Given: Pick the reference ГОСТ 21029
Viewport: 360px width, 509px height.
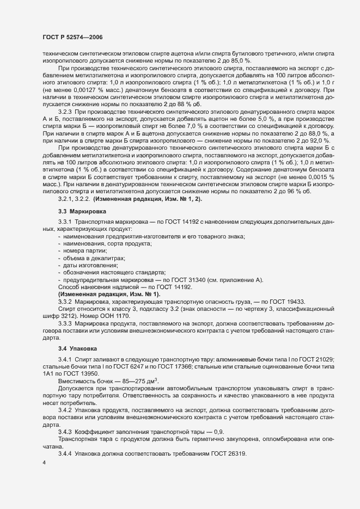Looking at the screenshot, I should (x=330, y=360).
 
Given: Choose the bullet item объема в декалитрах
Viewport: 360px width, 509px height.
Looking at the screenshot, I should (x=87, y=257).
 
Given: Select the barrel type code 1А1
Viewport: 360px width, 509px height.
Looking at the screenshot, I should (x=49, y=375).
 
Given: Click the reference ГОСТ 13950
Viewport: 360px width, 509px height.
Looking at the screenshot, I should (x=83, y=375).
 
